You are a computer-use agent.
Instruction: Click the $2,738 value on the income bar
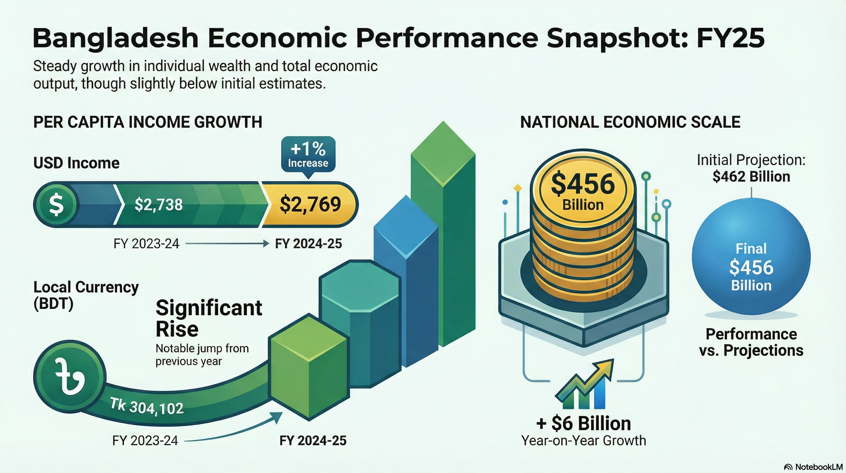click(x=159, y=204)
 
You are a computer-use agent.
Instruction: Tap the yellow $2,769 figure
click(x=310, y=204)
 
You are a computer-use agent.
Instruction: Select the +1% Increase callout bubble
click(x=308, y=155)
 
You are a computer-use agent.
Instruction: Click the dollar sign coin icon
click(x=56, y=204)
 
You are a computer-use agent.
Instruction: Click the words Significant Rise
click(x=208, y=318)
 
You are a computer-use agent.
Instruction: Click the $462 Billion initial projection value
click(x=751, y=177)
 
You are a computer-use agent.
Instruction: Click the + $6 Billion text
click(x=583, y=423)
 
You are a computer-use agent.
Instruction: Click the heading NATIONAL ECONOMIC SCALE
click(x=630, y=122)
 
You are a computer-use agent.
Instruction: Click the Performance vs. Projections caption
click(x=751, y=342)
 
